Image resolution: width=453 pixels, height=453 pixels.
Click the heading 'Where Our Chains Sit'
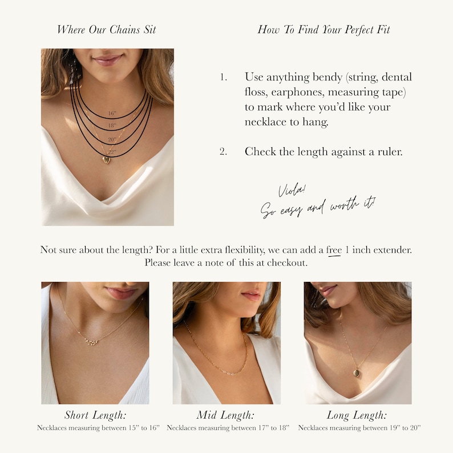coord(106,30)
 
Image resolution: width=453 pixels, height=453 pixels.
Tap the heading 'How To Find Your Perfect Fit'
coord(323,30)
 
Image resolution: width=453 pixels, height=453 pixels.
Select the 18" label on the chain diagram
coord(112,126)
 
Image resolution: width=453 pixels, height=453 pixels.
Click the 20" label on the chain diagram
coord(112,139)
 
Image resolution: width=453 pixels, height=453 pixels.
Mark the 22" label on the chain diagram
coord(112,151)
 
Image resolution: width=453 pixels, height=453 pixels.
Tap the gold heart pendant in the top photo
coord(106,160)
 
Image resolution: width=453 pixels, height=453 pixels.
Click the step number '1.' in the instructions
coord(224,77)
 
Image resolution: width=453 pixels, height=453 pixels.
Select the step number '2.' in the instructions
coord(224,152)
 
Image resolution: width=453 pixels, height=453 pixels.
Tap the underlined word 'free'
coord(334,250)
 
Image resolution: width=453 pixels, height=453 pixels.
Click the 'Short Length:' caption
coord(95,415)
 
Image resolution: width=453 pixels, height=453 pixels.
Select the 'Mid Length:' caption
coord(226,415)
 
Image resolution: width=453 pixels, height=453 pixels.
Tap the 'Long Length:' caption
coord(357,415)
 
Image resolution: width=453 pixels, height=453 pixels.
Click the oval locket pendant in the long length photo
coord(356,374)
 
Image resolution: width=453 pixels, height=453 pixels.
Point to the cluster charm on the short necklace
coord(91,341)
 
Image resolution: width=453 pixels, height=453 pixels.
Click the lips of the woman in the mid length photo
coord(251,296)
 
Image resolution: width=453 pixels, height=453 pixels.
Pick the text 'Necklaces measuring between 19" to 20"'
coord(359,427)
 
